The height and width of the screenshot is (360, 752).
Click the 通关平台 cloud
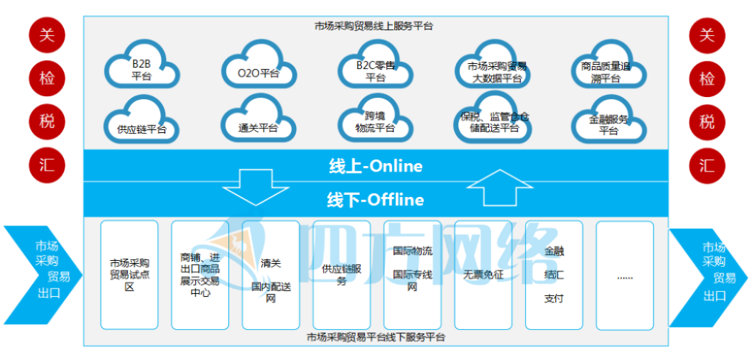click(257, 125)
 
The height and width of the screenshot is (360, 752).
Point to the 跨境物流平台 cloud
click(376, 124)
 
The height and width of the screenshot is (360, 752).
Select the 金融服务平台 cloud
click(608, 124)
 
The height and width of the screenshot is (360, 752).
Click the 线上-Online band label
click(376, 167)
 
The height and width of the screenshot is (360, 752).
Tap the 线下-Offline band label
click(376, 200)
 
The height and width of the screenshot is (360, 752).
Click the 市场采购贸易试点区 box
click(129, 274)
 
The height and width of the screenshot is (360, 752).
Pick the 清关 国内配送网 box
click(271, 274)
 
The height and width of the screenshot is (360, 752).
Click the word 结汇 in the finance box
click(554, 274)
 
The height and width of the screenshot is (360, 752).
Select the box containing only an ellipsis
click(624, 274)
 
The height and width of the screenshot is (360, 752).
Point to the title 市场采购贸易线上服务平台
click(374, 26)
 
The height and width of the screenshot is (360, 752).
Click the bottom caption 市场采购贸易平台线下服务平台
click(376, 337)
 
